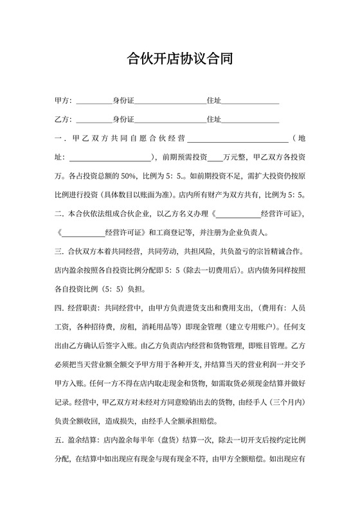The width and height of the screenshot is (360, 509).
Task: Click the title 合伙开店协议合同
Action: pos(179,60)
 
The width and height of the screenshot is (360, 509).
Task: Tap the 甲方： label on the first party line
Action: pos(63,101)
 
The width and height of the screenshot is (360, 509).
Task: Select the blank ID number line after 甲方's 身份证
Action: pos(170,102)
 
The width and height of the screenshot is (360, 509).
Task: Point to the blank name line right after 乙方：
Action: pos(94,120)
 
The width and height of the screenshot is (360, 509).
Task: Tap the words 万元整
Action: pos(235,157)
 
